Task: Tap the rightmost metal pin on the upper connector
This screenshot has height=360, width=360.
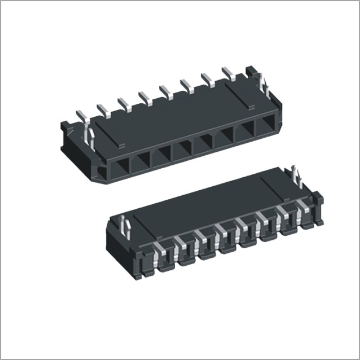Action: pos(228,73)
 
